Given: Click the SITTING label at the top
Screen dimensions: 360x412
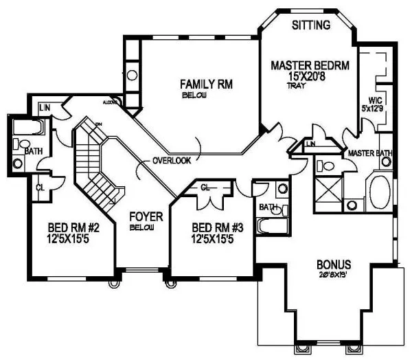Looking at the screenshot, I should pyautogui.click(x=311, y=25).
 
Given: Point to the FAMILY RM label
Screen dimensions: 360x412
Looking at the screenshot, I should pyautogui.click(x=206, y=85).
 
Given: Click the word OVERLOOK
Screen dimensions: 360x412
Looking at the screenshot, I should pyautogui.click(x=172, y=160).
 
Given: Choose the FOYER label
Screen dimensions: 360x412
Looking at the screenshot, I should pyautogui.click(x=146, y=217).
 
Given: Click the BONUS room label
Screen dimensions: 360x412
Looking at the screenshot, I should pyautogui.click(x=334, y=265).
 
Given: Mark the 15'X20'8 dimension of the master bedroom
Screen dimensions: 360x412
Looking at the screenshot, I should pyautogui.click(x=306, y=79).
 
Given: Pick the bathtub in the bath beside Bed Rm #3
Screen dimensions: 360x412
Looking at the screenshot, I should pyautogui.click(x=271, y=225).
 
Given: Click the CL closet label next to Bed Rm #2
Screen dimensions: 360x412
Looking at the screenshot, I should pyautogui.click(x=40, y=185).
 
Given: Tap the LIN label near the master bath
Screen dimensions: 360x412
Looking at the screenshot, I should pyautogui.click(x=311, y=144).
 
